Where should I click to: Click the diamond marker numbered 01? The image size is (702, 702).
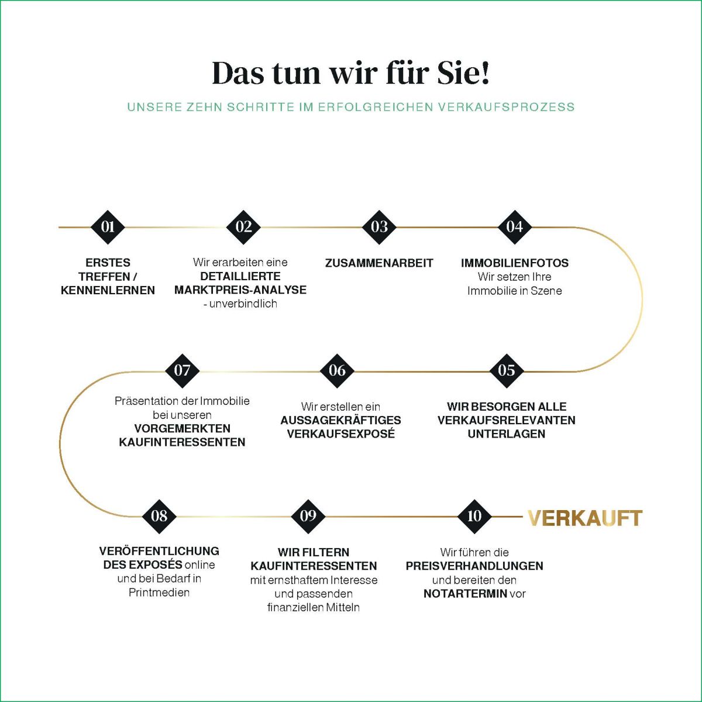click(x=108, y=227)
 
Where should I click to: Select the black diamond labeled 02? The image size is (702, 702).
click(x=244, y=227)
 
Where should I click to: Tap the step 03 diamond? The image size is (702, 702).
click(x=379, y=227)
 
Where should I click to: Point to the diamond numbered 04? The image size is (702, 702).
click(x=514, y=227)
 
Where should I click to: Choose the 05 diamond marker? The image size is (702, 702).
click(x=507, y=370)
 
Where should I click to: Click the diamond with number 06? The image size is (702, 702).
click(x=337, y=370)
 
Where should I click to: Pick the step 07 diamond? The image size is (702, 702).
click(x=182, y=370)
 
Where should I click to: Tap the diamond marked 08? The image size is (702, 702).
click(x=159, y=516)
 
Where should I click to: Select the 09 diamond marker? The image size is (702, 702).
click(x=308, y=516)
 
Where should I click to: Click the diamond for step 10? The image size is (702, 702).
click(x=474, y=516)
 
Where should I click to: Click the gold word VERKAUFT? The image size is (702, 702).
click(x=584, y=518)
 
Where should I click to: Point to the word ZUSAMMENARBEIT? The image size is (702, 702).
click(x=379, y=263)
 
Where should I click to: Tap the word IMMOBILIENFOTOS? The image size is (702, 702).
click(x=514, y=263)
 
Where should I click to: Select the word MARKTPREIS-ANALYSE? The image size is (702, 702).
click(x=240, y=290)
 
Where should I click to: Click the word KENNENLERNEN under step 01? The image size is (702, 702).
click(x=108, y=290)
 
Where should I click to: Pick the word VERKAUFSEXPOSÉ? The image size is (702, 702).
click(x=340, y=433)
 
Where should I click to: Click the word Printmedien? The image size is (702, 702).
click(x=159, y=593)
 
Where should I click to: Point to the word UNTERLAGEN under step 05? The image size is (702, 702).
click(x=507, y=434)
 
